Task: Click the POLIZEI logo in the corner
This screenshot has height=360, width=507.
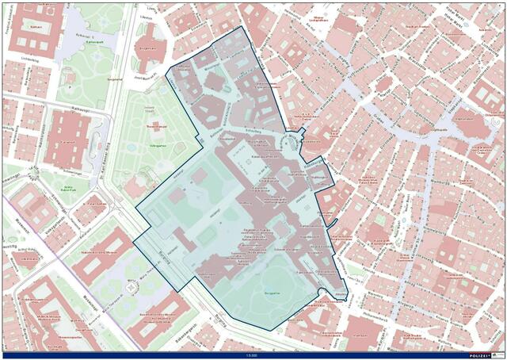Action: (x=483, y=354)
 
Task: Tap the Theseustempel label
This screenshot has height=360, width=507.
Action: (x=154, y=126)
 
